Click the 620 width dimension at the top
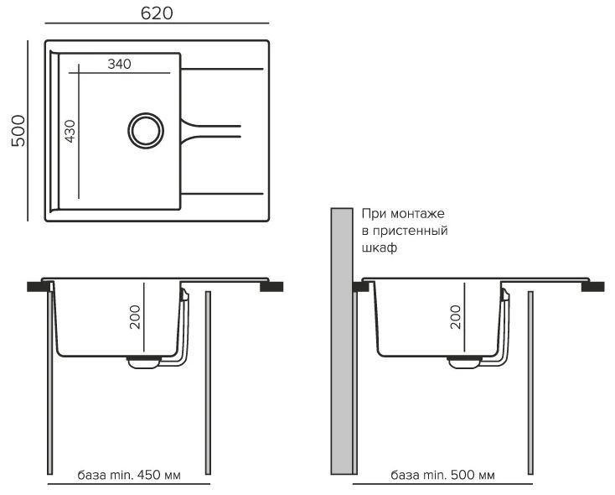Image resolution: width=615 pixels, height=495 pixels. [x=156, y=13]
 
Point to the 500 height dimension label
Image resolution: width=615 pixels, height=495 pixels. [x=18, y=131]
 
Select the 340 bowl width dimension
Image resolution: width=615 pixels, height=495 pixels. [x=121, y=65]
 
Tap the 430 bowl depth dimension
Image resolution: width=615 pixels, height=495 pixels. [x=70, y=132]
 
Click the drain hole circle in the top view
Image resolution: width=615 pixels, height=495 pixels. [x=145, y=130]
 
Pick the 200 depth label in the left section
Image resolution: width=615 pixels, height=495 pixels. [x=134, y=316]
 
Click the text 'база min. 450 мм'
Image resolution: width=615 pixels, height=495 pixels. [x=129, y=475]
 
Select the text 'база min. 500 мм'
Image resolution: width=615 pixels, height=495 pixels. [x=443, y=475]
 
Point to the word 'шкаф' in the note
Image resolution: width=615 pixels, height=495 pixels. [x=379, y=248]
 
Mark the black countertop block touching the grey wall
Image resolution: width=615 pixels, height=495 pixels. [x=359, y=286]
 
